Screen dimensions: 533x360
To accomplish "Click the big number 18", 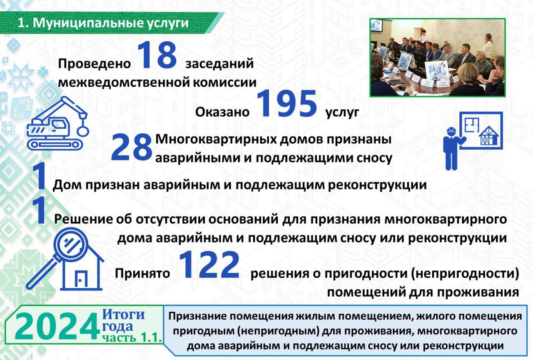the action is coord(157,55).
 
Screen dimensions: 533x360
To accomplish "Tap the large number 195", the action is coord(287,104).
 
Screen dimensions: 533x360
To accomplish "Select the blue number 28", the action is coord(132,147).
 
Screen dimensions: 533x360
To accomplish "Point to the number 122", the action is coord(209,265).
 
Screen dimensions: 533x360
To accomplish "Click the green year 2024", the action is coord(57,327).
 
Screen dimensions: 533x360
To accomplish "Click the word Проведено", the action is coord(95,64).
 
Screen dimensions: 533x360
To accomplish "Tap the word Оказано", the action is coord(222,112).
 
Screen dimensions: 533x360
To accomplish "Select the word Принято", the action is coord(142,273).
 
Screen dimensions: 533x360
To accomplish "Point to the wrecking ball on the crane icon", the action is coord(83,131).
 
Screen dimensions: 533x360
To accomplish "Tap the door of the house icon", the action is coord(81,279).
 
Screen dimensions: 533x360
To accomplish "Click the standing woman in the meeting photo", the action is coord(488,46).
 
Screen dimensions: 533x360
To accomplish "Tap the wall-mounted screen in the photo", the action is coord(377,26).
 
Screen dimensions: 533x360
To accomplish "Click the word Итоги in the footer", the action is coord(123,315).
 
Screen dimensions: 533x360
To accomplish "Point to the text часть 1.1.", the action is coord(132,337).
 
